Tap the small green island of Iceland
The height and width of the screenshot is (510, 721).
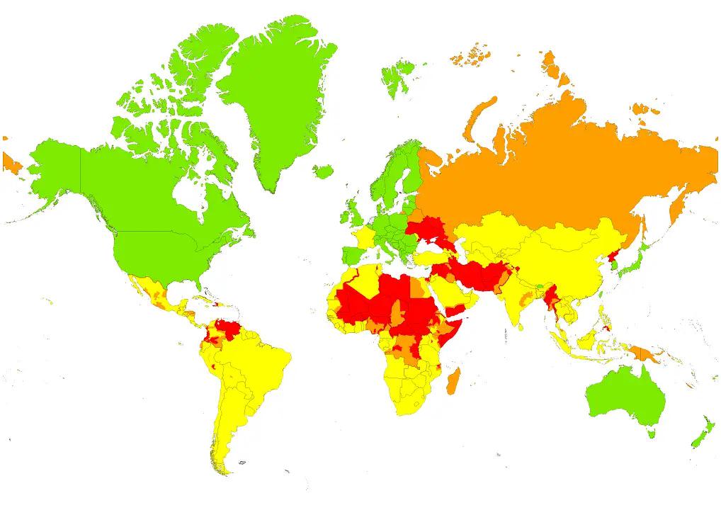pyautogui.click(x=323, y=171)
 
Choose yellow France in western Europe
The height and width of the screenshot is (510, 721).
pyautogui.click(x=366, y=236)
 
